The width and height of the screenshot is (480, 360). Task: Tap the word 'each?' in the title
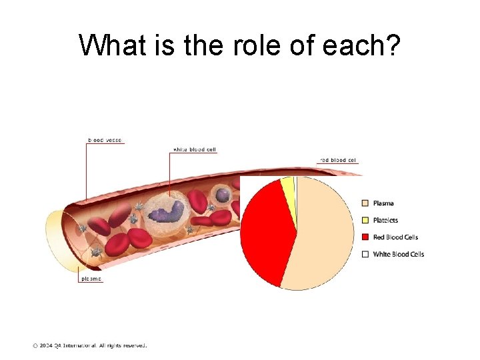point(363,45)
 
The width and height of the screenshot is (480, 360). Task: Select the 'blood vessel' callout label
point(105,140)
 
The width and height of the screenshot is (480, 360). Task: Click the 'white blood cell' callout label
point(194,149)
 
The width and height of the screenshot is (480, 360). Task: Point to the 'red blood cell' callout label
point(338,160)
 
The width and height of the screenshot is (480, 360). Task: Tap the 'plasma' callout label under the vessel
point(91,279)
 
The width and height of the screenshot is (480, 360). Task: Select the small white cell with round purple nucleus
point(222,195)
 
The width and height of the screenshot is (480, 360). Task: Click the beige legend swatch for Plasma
point(365,203)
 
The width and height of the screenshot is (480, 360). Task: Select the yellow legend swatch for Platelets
point(365,220)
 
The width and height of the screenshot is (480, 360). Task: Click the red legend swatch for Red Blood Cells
point(365,237)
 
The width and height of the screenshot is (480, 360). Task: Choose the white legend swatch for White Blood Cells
point(365,254)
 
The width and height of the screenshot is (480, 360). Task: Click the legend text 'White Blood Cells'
point(398,254)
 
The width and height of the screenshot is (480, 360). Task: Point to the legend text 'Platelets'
point(385,220)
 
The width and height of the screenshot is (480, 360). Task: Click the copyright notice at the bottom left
point(89,345)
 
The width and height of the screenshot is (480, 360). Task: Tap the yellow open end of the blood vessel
point(57,240)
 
